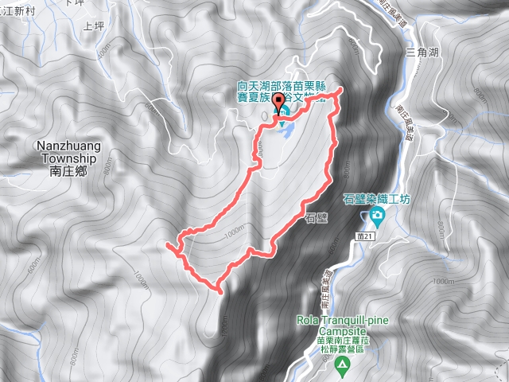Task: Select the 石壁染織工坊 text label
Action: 376,199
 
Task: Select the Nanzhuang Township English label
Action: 66,152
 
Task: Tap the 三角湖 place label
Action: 422,52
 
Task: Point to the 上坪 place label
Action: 94,26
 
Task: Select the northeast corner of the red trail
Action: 340,90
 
